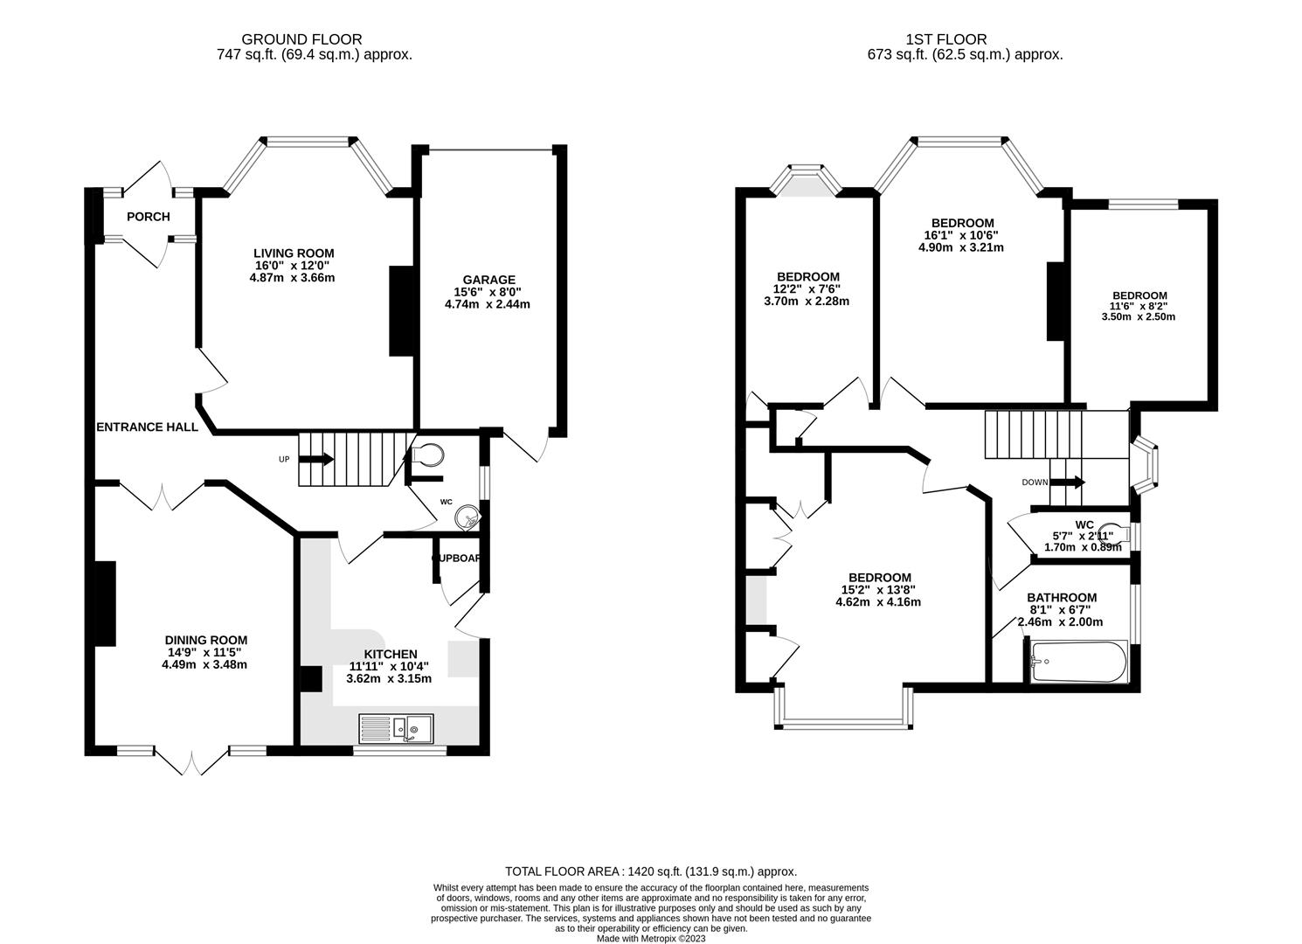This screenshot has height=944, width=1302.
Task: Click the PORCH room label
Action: point(148,217)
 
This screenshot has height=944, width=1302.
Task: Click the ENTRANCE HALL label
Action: point(147,427)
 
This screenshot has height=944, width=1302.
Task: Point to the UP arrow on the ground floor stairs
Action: point(315,459)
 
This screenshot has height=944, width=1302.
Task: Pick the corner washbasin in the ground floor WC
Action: point(469,518)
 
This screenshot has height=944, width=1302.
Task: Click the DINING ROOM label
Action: point(207,640)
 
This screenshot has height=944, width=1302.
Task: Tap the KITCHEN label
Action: point(391,654)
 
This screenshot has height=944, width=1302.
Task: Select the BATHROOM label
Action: point(1062,598)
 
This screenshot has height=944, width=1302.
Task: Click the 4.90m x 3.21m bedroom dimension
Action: point(961,247)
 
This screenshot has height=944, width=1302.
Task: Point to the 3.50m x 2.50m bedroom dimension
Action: point(1139,316)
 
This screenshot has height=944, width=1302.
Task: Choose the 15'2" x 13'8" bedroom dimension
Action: point(879,590)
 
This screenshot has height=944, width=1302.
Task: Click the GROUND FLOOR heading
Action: point(301,39)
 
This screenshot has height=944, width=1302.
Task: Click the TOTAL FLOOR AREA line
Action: point(651,871)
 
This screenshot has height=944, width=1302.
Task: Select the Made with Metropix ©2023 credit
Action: point(651,939)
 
